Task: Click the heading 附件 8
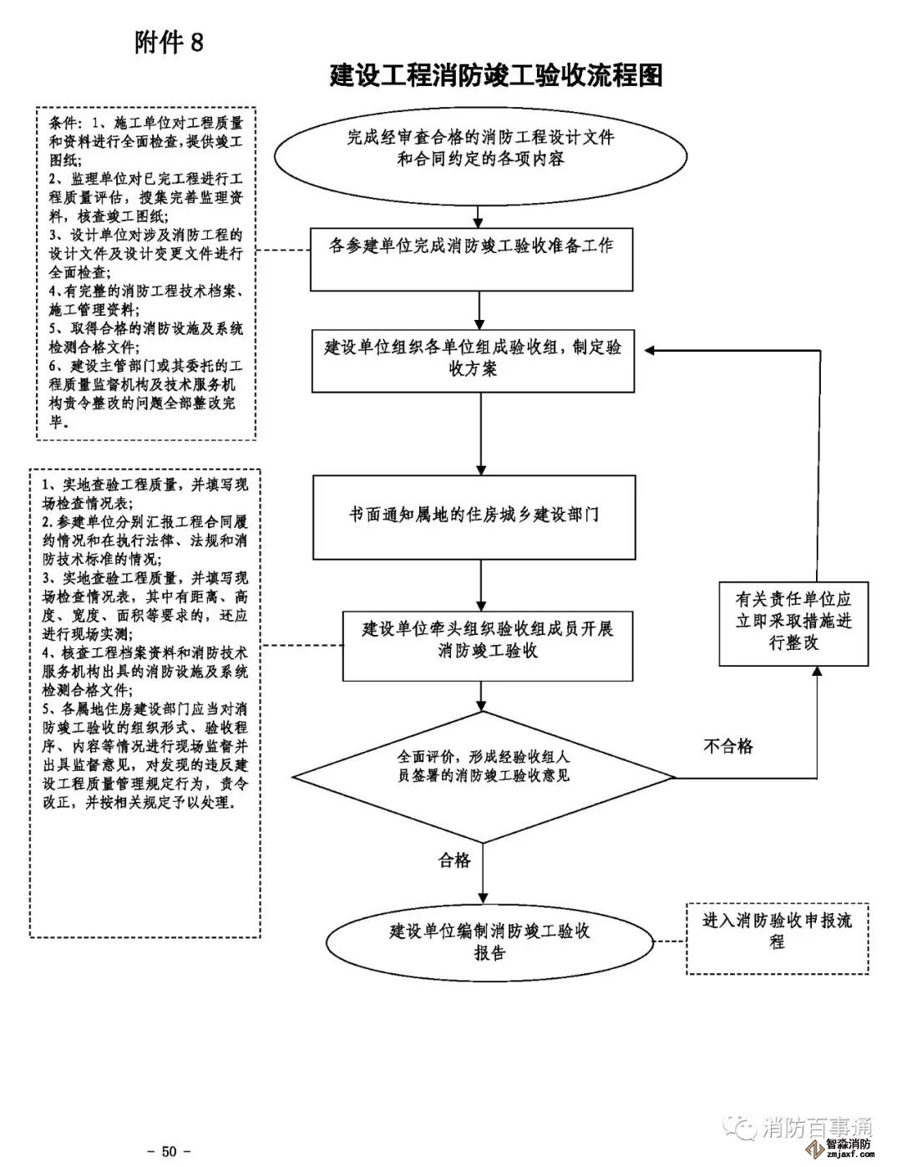tap(169, 43)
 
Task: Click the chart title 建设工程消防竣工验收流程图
tap(496, 75)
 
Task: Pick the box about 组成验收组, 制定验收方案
tap(473, 358)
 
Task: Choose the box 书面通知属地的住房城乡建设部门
tap(474, 516)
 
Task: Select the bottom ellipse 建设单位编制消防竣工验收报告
tap(489, 942)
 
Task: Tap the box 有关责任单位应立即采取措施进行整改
tap(793, 622)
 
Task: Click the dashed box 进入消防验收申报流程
tap(777, 937)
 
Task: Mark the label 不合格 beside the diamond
tap(728, 746)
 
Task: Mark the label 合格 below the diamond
tap(454, 860)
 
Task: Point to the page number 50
tap(170, 1151)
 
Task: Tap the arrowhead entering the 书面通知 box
tap(481, 469)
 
